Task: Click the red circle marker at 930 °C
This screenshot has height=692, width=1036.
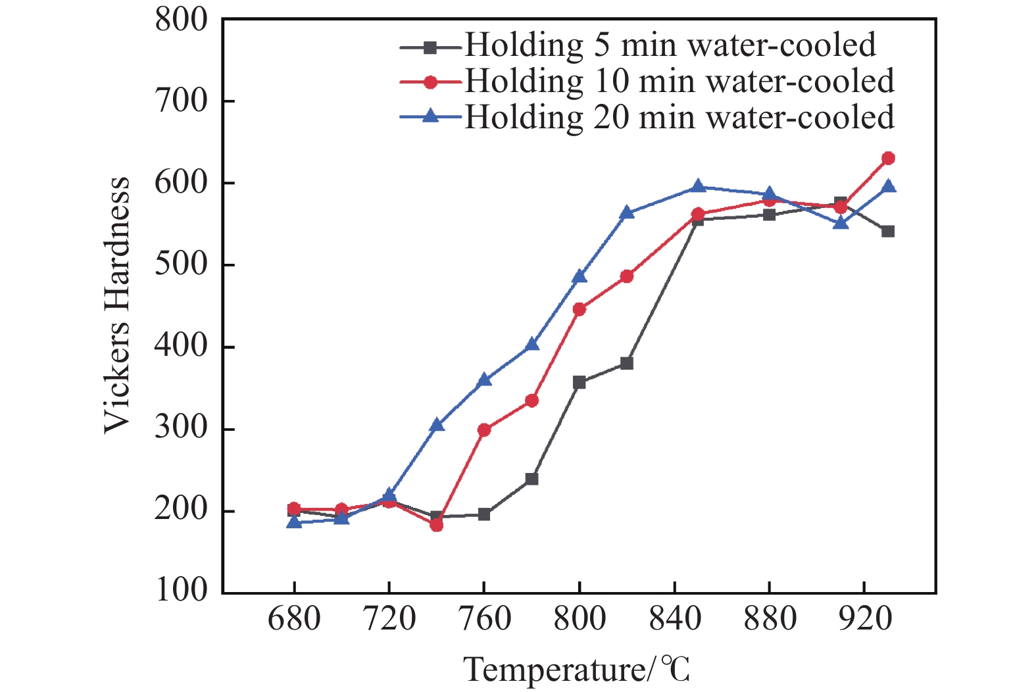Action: click(x=888, y=159)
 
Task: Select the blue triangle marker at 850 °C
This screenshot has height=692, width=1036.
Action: click(x=698, y=187)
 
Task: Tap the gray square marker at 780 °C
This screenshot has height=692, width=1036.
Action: click(x=531, y=479)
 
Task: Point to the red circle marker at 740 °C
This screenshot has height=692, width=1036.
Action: click(x=437, y=525)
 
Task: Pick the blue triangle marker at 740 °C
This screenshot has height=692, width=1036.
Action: click(x=437, y=425)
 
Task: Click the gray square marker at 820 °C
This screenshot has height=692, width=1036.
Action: click(x=627, y=363)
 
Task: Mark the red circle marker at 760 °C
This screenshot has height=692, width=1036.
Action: click(x=484, y=430)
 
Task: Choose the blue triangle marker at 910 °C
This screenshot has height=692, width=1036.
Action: click(x=841, y=223)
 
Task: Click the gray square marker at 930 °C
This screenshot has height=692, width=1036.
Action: click(x=888, y=231)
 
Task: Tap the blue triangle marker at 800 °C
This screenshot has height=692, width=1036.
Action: click(x=580, y=276)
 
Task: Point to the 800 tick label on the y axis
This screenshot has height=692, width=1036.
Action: click(x=181, y=20)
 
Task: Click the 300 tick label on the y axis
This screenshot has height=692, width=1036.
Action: click(x=181, y=429)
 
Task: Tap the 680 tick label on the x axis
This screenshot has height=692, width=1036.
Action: click(x=294, y=619)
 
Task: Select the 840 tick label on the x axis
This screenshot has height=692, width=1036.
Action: click(x=674, y=619)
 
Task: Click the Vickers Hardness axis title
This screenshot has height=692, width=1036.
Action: click(x=117, y=306)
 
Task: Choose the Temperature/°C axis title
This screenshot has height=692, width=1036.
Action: click(x=577, y=670)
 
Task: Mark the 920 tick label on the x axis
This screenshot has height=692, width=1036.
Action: click(x=864, y=619)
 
